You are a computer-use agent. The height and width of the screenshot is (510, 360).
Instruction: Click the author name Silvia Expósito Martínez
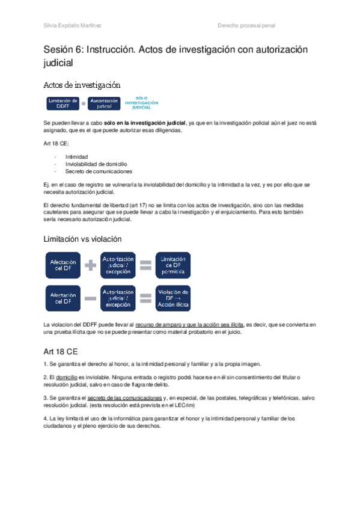[73, 25]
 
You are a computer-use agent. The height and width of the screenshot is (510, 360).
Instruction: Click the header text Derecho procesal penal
[246, 25]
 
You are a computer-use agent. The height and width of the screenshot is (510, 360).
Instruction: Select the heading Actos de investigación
[82, 85]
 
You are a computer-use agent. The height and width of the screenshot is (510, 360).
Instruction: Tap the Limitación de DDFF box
[63, 103]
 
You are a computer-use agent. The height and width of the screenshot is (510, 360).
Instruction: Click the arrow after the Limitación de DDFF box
[84, 103]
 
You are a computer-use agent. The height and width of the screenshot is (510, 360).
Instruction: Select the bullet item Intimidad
[76, 156]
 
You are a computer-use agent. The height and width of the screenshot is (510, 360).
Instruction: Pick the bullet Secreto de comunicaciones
[99, 171]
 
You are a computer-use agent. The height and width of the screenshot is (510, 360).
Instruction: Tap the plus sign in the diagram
[91, 265]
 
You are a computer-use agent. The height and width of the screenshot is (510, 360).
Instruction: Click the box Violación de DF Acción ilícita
[173, 297]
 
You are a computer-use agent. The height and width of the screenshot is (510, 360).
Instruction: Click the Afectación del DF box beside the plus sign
[63, 265]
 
